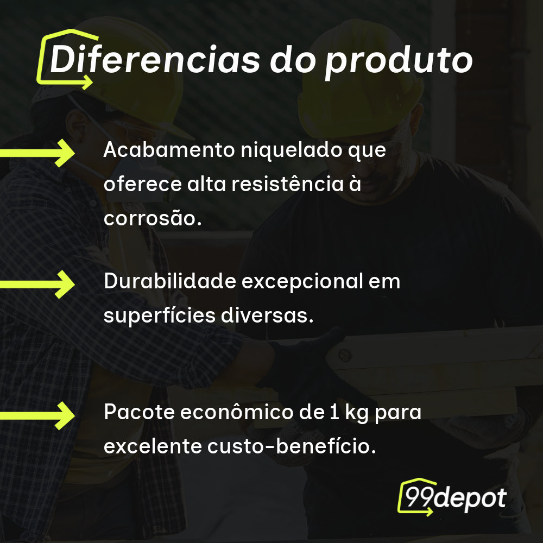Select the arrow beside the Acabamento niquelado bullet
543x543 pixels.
38,153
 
